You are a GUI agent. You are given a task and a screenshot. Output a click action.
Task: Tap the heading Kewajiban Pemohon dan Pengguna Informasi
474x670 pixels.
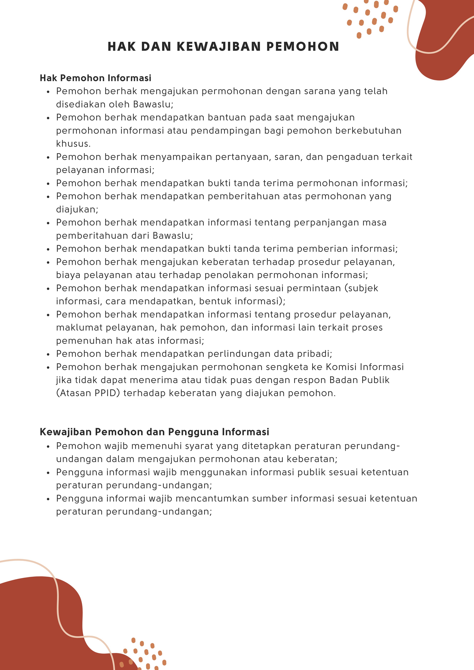tap(154, 432)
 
